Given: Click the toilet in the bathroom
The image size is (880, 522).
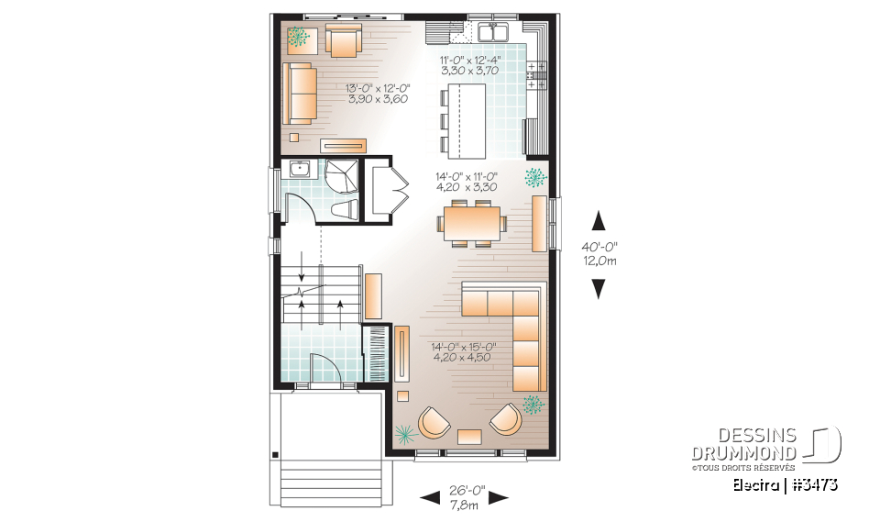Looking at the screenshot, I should (x=346, y=210).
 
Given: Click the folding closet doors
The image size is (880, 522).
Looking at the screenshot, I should (x=395, y=191).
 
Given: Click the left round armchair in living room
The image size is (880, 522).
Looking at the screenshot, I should (x=434, y=422).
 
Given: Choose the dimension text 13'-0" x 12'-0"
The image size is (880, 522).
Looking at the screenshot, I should (x=378, y=88).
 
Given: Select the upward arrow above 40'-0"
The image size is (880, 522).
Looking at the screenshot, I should (x=598, y=219).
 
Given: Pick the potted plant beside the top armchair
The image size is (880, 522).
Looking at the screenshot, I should (x=298, y=37).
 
